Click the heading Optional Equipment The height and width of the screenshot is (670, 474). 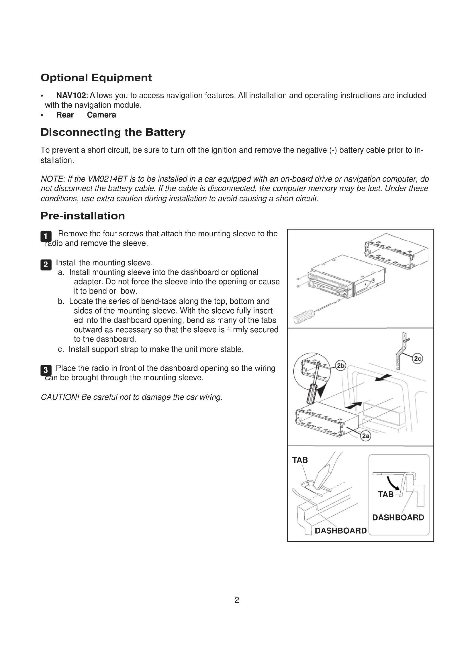(x=96, y=78)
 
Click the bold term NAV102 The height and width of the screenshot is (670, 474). (x=71, y=95)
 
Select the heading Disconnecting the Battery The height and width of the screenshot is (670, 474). (x=113, y=132)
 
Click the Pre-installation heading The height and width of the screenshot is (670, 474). (x=83, y=216)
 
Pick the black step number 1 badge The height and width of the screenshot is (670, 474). (x=46, y=236)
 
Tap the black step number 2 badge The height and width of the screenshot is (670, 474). (x=46, y=265)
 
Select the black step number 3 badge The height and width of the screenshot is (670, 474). (x=46, y=370)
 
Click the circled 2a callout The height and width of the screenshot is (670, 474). (x=365, y=436)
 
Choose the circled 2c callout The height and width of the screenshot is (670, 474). (x=418, y=359)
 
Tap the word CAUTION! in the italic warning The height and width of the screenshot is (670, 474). (x=60, y=397)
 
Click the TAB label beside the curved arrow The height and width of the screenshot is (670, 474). (x=385, y=494)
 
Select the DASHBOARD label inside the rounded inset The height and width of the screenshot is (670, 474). (x=398, y=517)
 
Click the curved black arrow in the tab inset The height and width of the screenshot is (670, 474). (x=393, y=483)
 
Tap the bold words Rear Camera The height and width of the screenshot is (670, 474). (x=86, y=115)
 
